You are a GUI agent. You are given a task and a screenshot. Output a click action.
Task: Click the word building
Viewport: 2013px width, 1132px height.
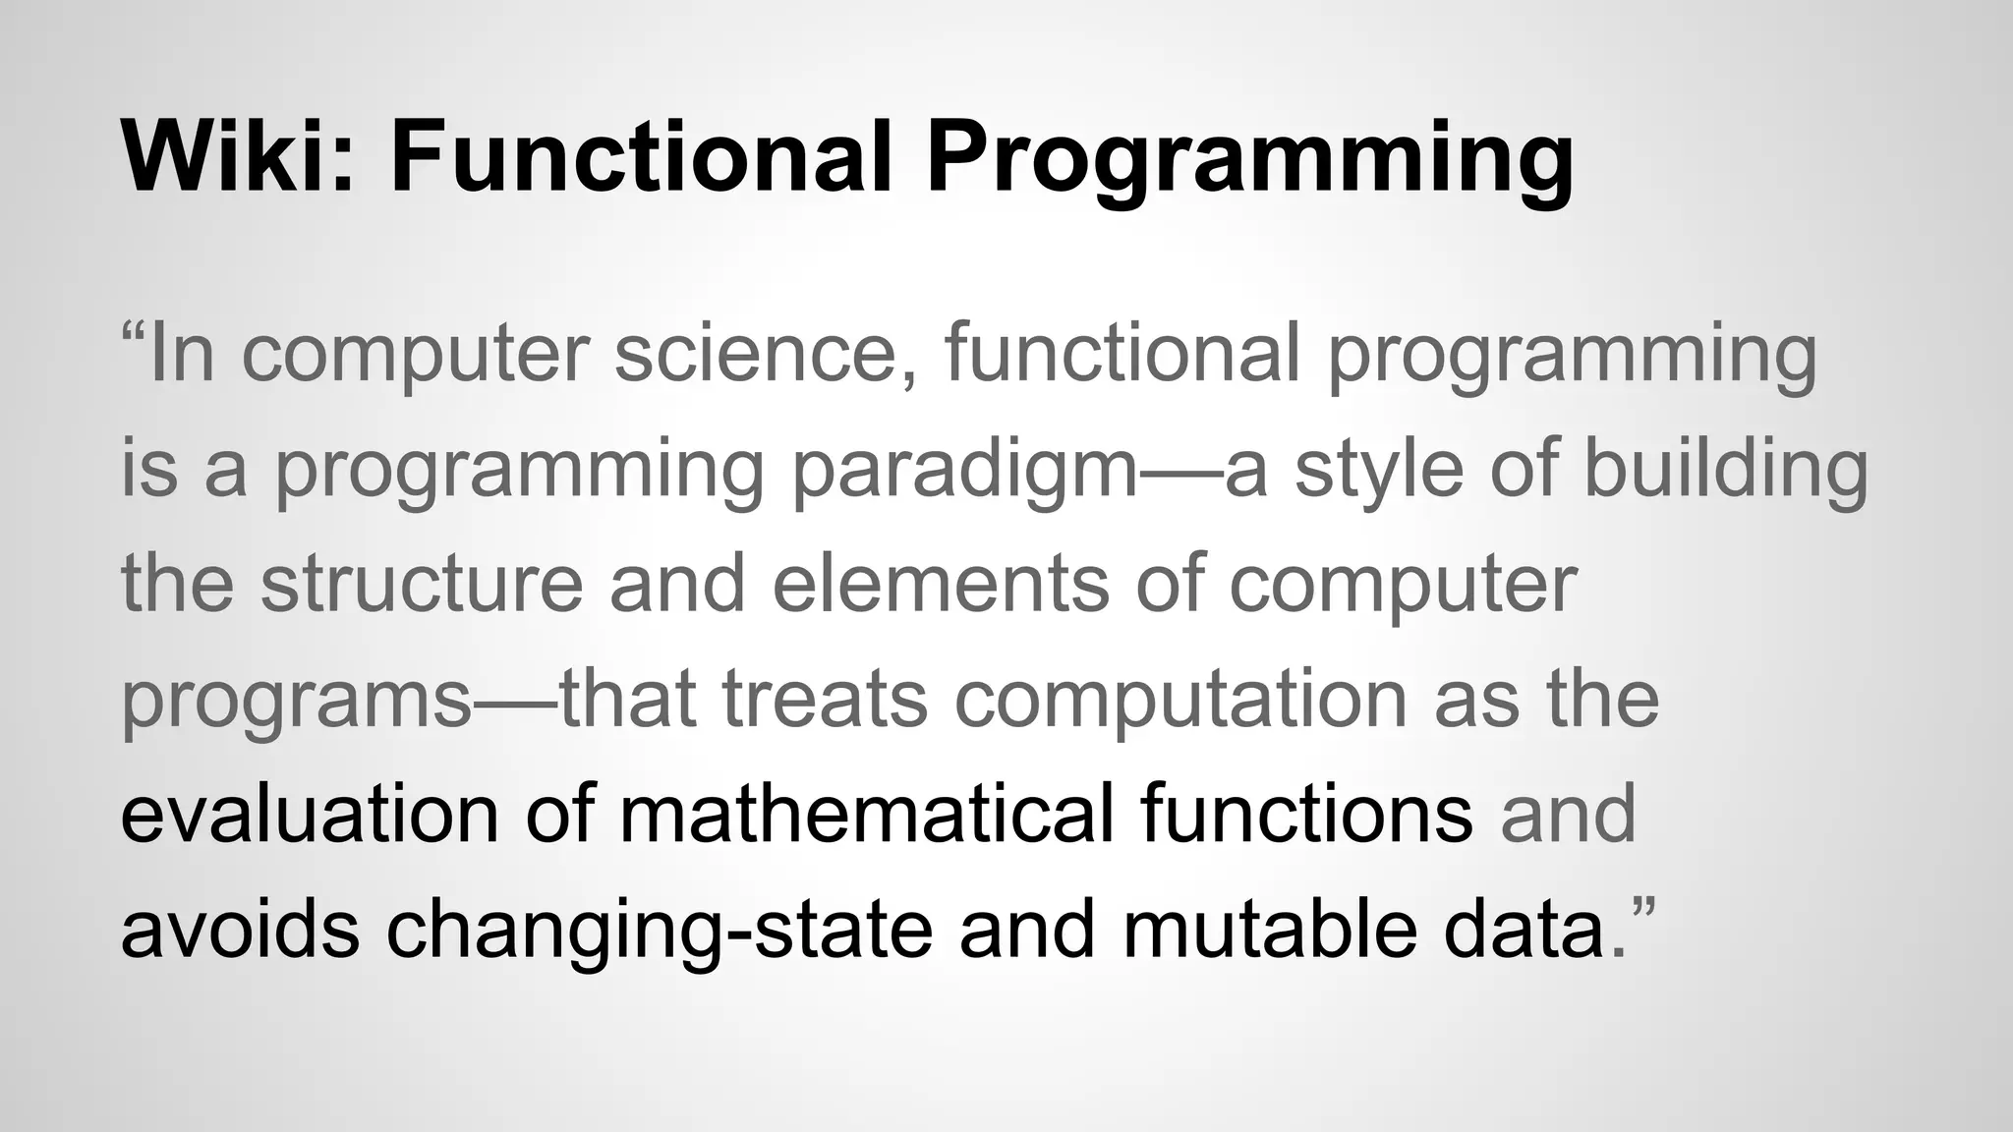point(1725,470)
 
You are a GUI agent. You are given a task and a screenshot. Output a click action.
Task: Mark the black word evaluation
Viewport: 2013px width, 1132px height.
point(309,815)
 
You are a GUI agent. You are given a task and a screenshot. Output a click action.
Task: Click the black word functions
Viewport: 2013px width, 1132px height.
point(1306,815)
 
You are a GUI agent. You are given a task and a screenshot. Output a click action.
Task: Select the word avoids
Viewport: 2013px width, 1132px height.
point(240,930)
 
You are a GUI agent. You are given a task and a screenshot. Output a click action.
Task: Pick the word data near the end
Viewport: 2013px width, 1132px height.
point(1524,930)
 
